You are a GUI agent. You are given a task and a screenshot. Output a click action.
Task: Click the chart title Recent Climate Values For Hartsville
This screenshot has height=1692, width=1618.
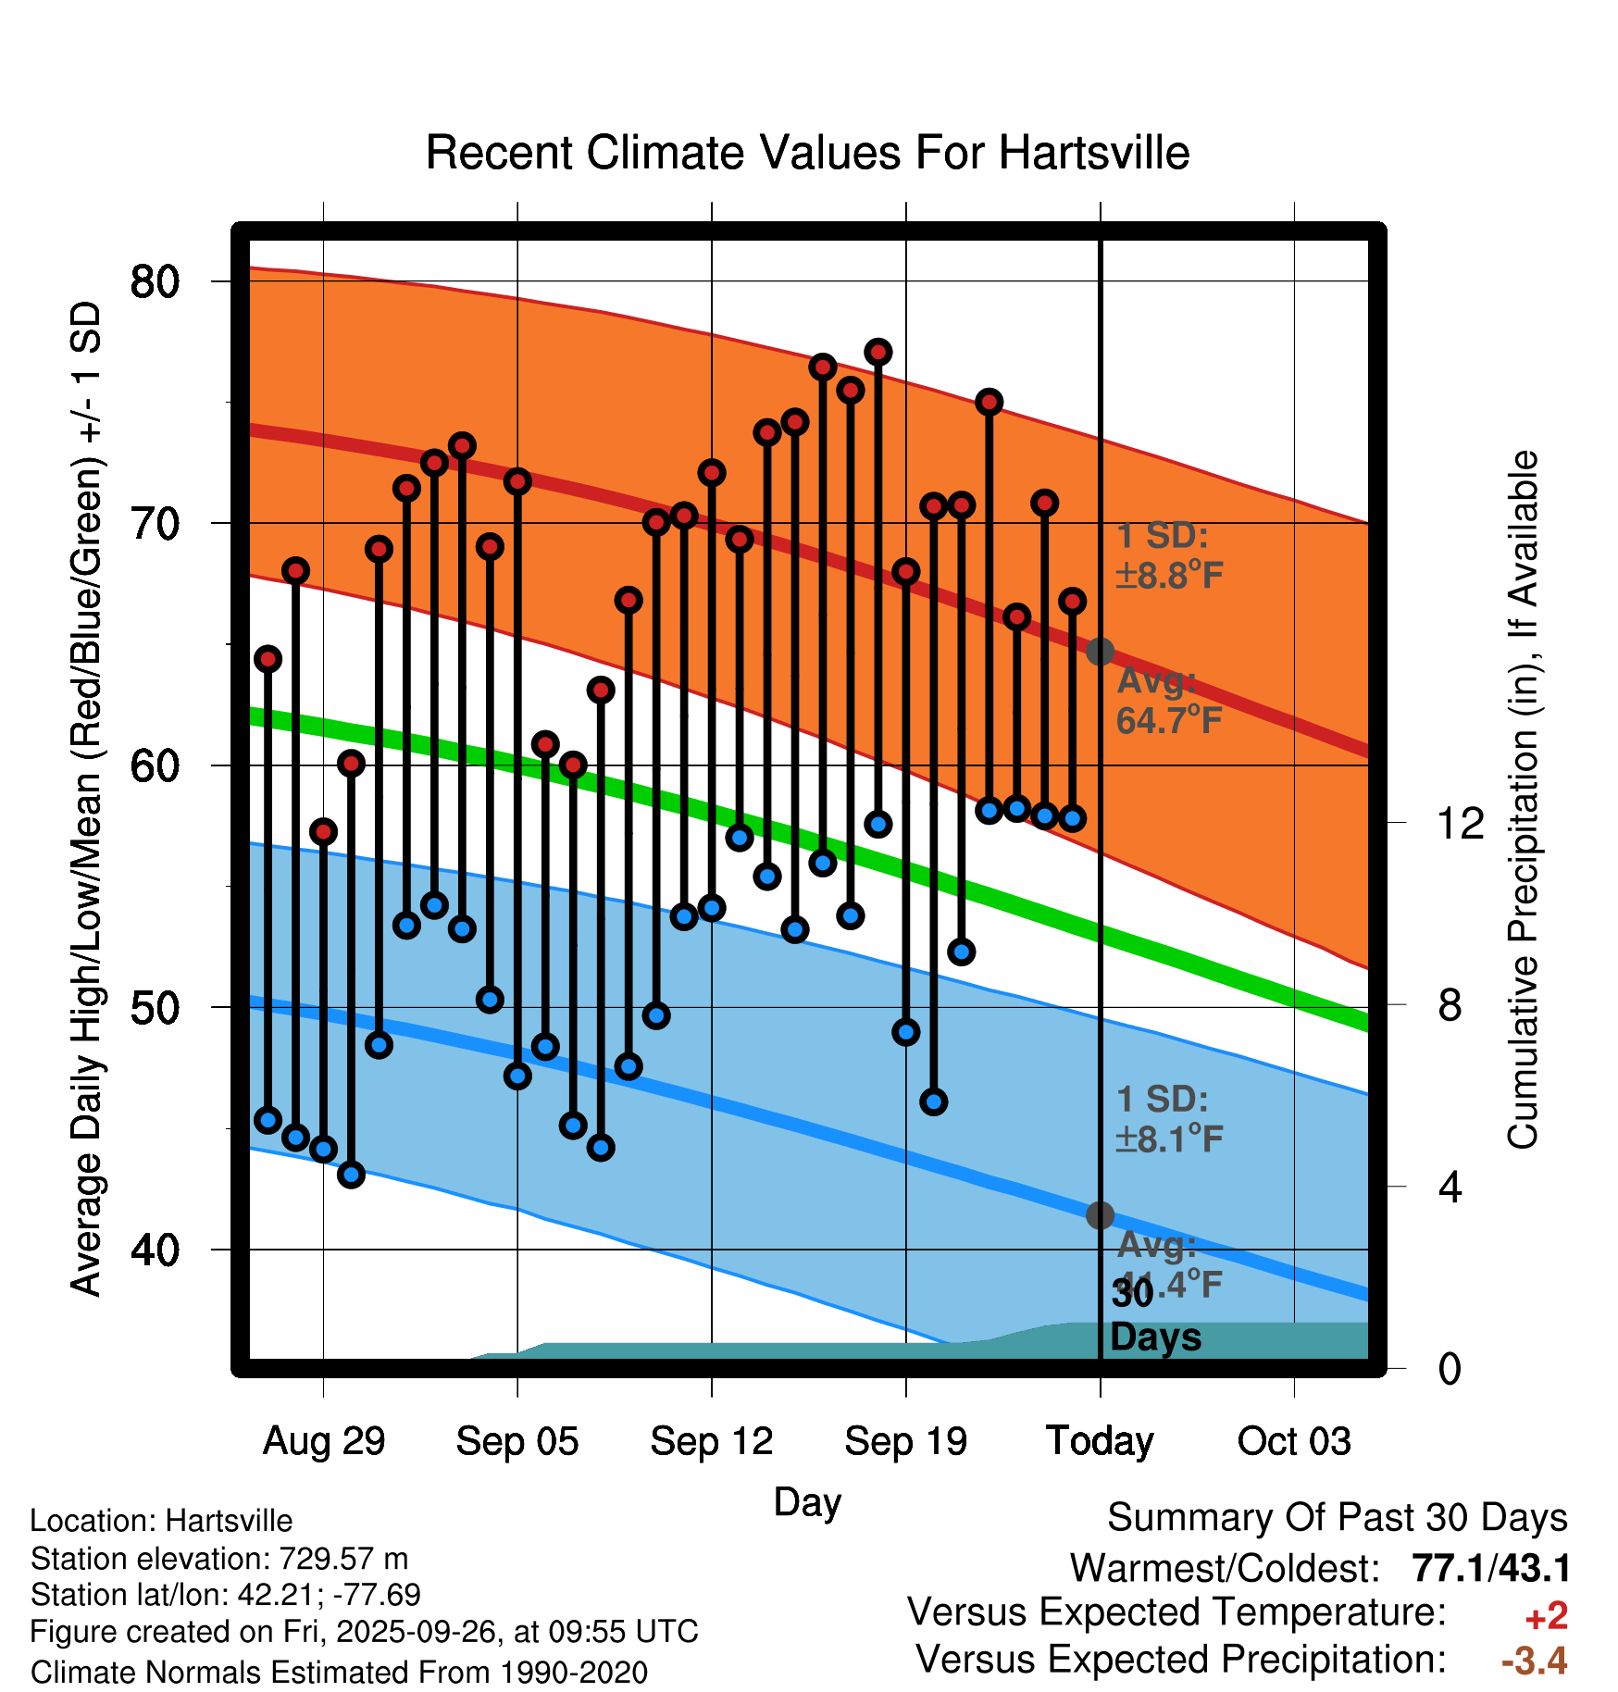(807, 154)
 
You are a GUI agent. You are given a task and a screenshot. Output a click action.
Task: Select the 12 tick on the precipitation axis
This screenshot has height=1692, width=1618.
(1460, 823)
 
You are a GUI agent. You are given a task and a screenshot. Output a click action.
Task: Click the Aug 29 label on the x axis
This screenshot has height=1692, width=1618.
(323, 1441)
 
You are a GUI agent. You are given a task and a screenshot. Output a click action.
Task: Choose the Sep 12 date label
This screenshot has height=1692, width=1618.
(711, 1441)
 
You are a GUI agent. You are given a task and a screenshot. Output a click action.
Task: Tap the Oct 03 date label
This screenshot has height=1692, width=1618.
(1294, 1441)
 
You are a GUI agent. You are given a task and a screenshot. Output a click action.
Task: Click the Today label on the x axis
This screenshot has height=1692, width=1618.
(1100, 1441)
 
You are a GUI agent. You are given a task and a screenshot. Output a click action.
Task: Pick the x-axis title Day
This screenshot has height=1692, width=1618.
(807, 1501)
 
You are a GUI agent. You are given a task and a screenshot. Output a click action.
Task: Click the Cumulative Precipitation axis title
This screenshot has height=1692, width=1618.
(1523, 801)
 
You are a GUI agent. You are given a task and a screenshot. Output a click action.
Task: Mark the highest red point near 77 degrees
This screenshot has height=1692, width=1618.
(878, 352)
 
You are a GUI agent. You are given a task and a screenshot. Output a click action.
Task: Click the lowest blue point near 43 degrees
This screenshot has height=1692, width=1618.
(351, 1175)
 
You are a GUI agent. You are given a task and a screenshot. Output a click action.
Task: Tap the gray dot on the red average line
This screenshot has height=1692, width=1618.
(1100, 652)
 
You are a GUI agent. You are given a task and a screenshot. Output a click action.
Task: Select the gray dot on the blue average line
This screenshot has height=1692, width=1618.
(1100, 1215)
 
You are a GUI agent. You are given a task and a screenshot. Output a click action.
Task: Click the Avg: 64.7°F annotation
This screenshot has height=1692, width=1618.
(1168, 701)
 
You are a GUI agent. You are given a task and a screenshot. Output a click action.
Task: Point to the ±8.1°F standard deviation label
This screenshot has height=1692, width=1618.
(1169, 1138)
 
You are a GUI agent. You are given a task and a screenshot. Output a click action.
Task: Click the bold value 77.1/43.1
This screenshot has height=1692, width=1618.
(1490, 1569)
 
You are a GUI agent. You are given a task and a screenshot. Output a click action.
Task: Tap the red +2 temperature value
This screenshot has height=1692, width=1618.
(1546, 1616)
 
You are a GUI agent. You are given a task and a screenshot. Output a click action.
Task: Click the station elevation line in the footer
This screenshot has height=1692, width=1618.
(219, 1559)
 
